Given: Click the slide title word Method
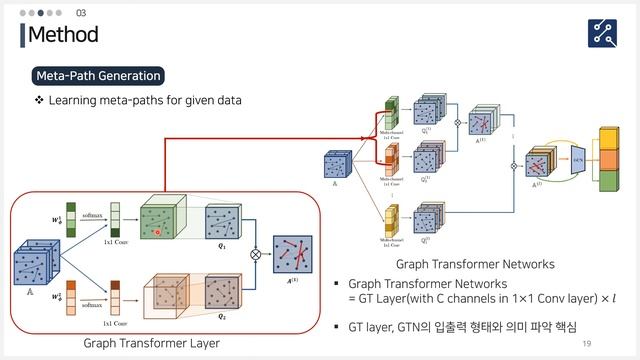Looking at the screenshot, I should pos(63,35).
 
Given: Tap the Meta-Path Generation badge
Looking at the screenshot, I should pos(97,76).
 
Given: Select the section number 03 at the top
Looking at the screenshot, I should pos(81,12).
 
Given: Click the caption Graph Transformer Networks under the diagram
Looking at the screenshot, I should pos(475,264).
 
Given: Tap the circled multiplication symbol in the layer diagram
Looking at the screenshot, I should pos(254,254).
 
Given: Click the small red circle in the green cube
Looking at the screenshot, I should pos(156,231).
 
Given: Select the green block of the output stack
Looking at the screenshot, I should pos(608,181).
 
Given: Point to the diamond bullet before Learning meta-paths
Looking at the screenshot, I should pos(39,101).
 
